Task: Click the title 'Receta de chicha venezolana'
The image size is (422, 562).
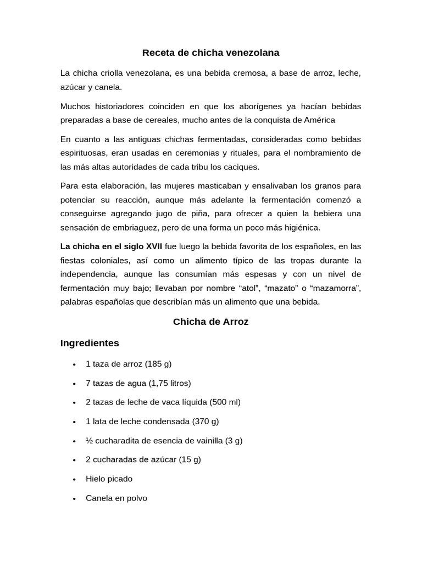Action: coord(210,53)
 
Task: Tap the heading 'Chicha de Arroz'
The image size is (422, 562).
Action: coord(210,322)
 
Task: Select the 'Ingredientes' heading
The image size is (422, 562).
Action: coord(90,343)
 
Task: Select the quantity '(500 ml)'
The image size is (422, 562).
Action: coord(225,402)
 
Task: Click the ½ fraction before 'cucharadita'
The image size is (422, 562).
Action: coord(89,441)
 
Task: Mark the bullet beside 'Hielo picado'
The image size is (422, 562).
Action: coord(74,479)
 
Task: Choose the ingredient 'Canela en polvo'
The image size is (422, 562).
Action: coord(116,498)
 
